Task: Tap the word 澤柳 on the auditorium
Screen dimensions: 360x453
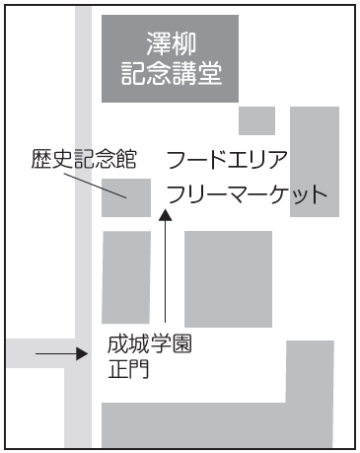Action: pyautogui.click(x=170, y=43)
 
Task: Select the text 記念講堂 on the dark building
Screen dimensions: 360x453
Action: pyautogui.click(x=170, y=74)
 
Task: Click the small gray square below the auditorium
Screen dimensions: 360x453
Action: pyautogui.click(x=256, y=120)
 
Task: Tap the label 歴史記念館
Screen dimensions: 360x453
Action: pyautogui.click(x=83, y=158)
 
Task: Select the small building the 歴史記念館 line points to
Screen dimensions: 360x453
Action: pyautogui.click(x=126, y=196)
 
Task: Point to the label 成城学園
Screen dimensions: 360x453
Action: pyautogui.click(x=148, y=346)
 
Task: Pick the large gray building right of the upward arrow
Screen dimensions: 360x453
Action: pyautogui.click(x=228, y=278)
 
